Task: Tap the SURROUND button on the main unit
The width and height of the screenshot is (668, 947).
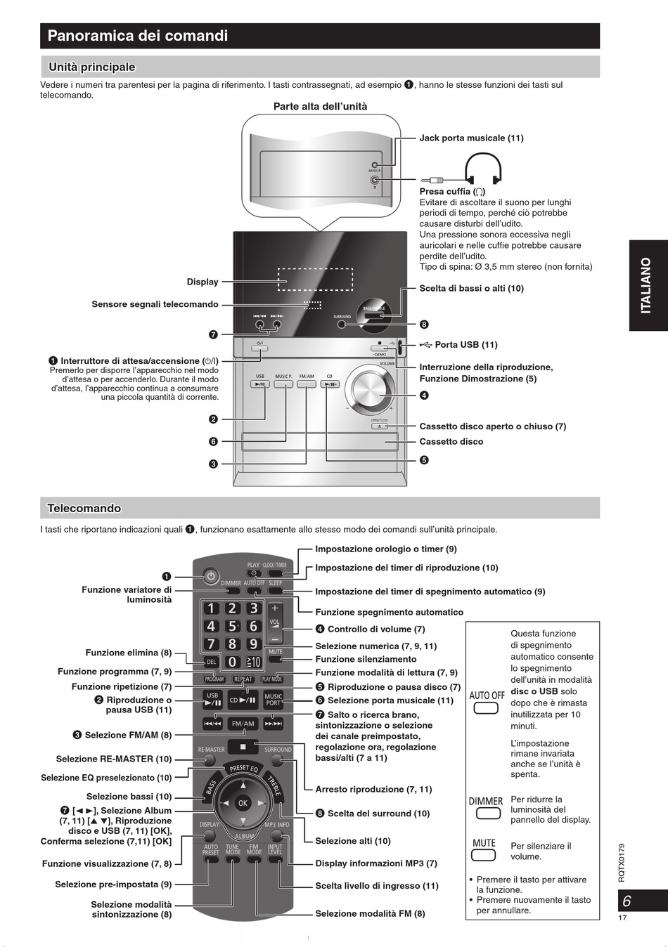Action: point(342,324)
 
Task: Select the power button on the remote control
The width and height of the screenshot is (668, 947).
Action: point(210,577)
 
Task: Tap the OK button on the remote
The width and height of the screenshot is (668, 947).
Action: point(243,802)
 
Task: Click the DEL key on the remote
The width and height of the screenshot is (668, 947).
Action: point(211,662)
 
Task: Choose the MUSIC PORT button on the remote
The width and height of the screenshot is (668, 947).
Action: point(273,699)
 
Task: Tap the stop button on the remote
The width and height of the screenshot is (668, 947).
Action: point(243,747)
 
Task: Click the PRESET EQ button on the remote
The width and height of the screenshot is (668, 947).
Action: point(243,769)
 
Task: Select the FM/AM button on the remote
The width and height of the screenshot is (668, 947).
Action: point(243,724)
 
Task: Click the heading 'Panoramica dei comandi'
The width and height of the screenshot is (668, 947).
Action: point(138,36)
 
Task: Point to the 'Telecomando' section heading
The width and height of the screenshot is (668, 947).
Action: point(84,508)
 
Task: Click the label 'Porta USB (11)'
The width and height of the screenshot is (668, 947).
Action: point(465,345)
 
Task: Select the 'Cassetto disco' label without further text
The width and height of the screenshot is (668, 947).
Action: point(451,442)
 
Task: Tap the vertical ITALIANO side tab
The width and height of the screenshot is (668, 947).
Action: point(645,285)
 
